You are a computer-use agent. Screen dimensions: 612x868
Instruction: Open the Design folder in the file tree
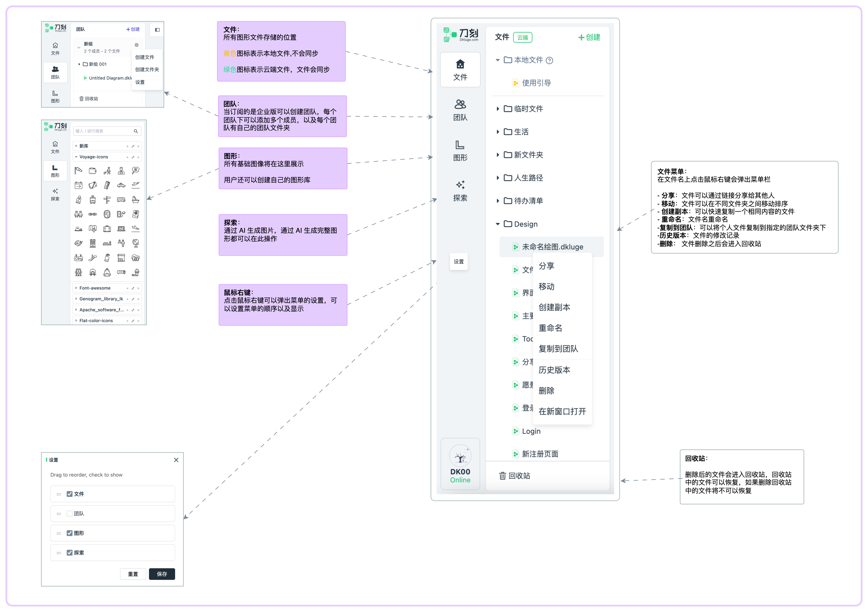525,224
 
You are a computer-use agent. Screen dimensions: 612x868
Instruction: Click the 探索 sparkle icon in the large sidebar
460,185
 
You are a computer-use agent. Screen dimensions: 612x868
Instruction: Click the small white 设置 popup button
459,262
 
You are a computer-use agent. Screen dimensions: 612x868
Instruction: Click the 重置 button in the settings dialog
133,574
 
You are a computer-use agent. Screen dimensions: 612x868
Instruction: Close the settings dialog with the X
176,460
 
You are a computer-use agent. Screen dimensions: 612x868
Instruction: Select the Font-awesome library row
95,288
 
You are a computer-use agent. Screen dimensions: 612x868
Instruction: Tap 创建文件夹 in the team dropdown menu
147,69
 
